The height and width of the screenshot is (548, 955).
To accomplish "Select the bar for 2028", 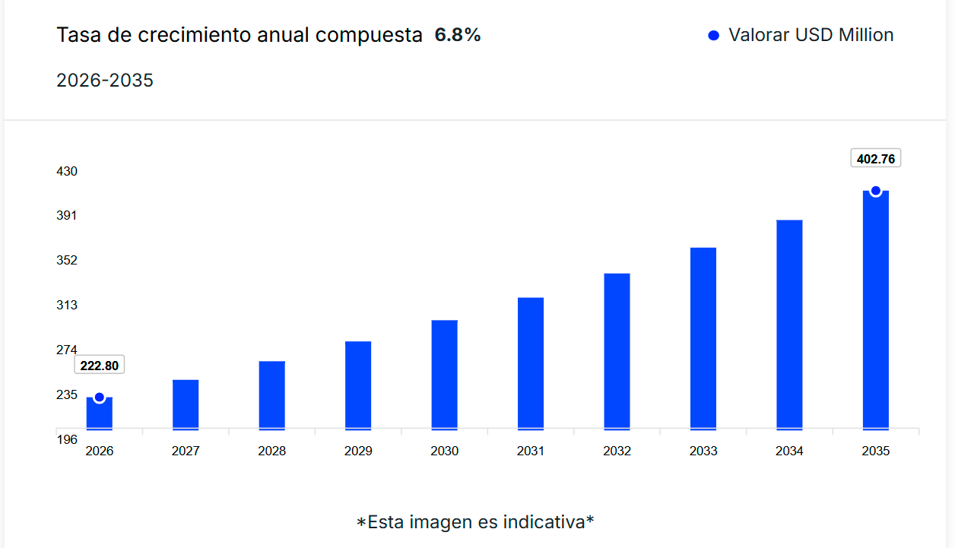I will (271, 394).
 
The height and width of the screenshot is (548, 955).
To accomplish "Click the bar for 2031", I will (531, 363).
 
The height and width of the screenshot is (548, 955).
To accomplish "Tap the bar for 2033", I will (703, 337).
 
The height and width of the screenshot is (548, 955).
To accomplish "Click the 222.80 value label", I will (100, 366).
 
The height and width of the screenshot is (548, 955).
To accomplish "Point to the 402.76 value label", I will (875, 159).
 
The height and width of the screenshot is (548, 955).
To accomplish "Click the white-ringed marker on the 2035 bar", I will (876, 191).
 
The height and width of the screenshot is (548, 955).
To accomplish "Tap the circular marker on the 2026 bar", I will (99, 398).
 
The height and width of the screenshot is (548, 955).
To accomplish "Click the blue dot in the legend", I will (713, 36).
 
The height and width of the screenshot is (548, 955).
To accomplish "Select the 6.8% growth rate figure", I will (458, 35).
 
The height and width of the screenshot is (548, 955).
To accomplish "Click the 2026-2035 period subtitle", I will (105, 80).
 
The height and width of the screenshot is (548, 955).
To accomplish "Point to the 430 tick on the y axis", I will (67, 171).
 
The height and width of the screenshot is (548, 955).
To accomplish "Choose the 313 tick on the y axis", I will (67, 306).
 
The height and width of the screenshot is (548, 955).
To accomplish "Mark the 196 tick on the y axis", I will (67, 439).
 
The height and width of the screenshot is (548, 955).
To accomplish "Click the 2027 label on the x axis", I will (186, 451).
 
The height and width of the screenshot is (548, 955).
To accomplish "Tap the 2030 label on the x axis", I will (444, 451).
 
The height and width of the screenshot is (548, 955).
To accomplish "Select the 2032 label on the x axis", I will (617, 451).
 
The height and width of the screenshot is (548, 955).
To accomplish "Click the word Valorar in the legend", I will (759, 35).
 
